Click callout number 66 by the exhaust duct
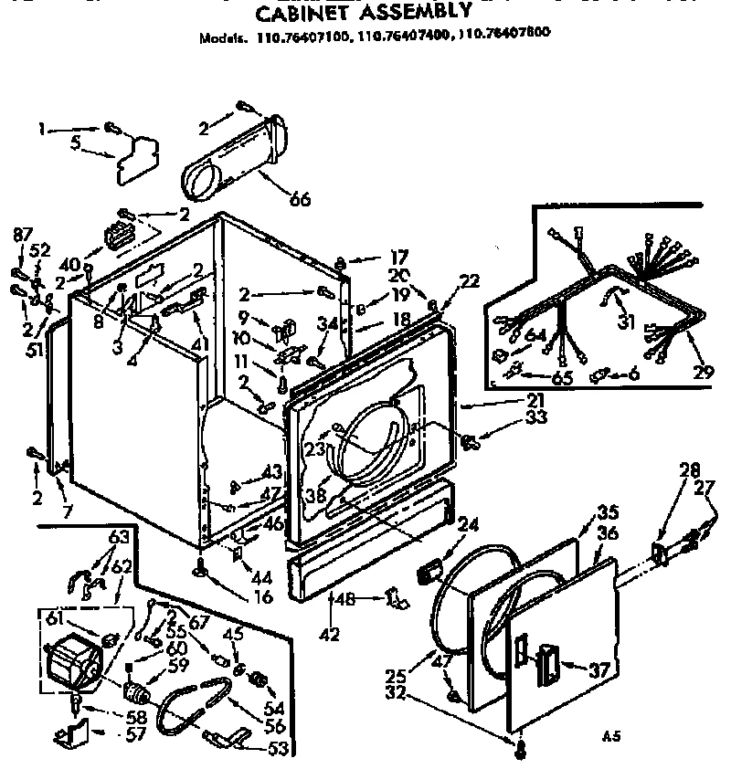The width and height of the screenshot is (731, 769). coord(299,199)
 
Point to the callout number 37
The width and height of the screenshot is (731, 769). coord(599,670)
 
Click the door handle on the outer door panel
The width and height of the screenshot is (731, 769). coord(551,660)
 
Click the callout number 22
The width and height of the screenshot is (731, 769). coord(469,282)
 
